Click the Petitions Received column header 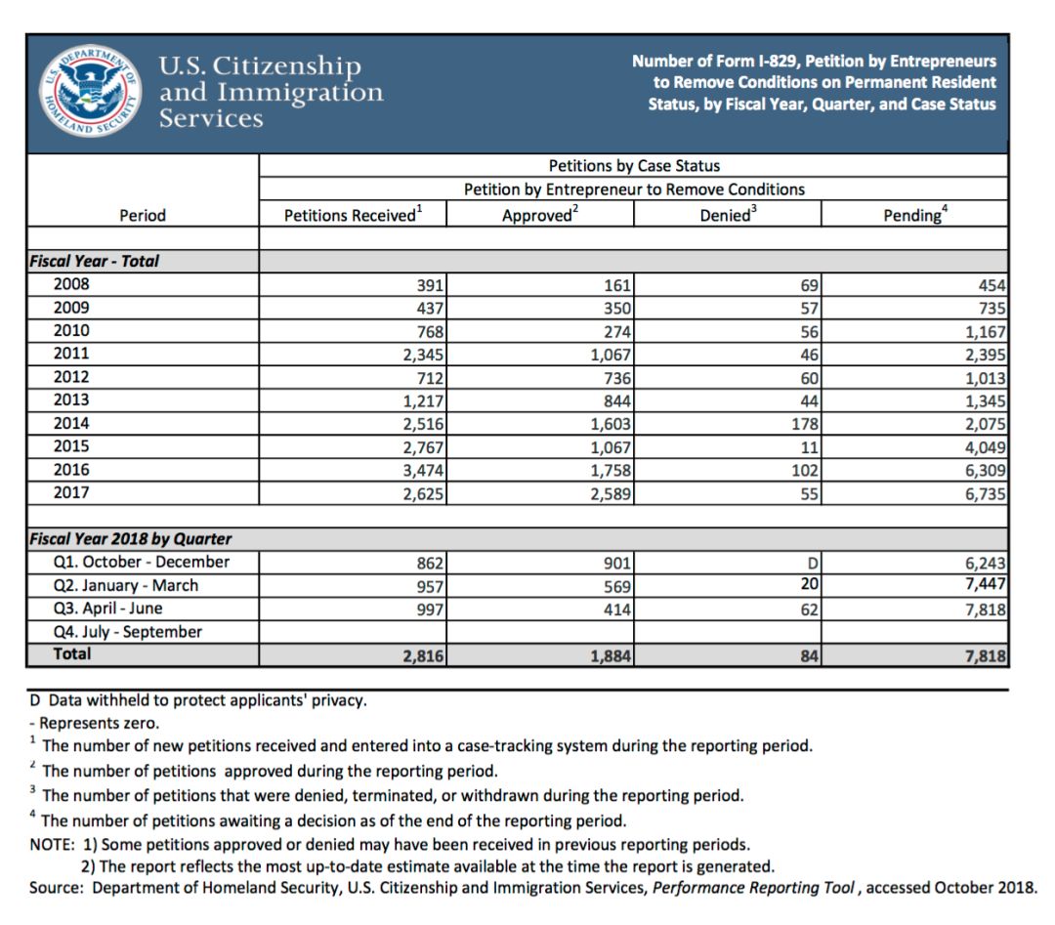coord(353,215)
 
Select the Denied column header coord(728,215)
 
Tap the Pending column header coord(914,215)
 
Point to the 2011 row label coord(71,354)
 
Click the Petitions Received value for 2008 coord(431,285)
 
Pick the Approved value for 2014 coord(612,424)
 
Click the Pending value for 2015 coord(986,447)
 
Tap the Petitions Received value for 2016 coord(424,471)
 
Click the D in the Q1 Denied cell coord(813,563)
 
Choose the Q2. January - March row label coord(126,585)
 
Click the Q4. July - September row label coord(128,632)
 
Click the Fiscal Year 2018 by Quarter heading coord(130,539)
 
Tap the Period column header coord(143,215)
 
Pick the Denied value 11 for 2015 coord(810,447)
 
